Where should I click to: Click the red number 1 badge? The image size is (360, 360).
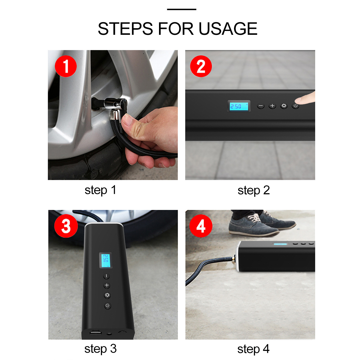[66, 66]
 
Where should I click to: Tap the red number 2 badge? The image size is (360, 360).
[201, 66]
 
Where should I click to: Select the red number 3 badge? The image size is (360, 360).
[66, 226]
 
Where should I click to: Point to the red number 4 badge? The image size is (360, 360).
[201, 226]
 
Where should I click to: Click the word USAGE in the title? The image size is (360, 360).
[228, 29]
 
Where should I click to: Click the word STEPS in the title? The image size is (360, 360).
[125, 29]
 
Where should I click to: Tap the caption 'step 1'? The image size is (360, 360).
[100, 190]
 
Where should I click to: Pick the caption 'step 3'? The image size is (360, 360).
[100, 349]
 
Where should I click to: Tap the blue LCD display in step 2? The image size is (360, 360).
[239, 106]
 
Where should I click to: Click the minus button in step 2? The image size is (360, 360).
[261, 106]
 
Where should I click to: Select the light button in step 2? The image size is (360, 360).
[284, 106]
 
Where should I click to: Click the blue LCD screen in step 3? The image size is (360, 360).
[105, 260]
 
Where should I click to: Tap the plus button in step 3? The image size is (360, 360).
[107, 285]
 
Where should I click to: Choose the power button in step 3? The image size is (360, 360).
[108, 306]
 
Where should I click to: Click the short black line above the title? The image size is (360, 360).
[181, 9]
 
